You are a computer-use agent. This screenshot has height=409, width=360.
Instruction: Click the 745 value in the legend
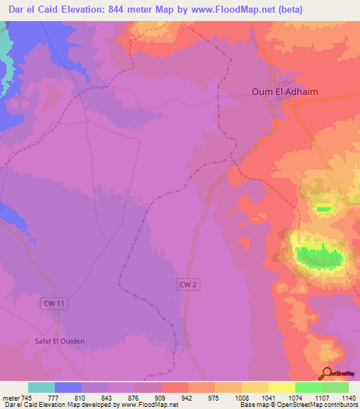[27, 398]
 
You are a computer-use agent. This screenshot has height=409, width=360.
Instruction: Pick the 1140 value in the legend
[349, 398]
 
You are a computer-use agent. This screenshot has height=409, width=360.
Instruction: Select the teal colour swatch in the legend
[41, 387]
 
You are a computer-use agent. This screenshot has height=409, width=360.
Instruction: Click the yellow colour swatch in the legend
[281, 387]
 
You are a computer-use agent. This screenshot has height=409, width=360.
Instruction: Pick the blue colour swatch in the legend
[68, 387]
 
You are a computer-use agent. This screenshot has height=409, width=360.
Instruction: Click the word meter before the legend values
[11, 398]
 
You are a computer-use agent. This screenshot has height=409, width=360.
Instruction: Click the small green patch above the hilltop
[323, 209]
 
